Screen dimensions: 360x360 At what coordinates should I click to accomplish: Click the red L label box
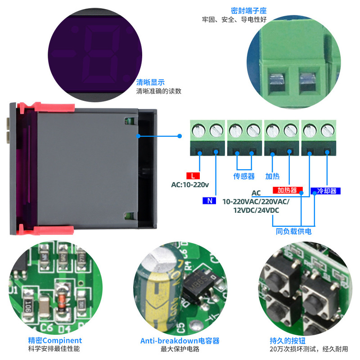pyautogui.click(x=193, y=175)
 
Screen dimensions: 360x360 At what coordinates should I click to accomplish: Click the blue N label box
pyautogui.click(x=209, y=201)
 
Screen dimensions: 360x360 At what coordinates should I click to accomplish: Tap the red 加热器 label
pyautogui.click(x=288, y=190)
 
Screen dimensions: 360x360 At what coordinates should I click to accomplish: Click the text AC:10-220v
pyautogui.click(x=190, y=184)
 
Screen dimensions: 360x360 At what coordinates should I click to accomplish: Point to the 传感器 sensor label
pyautogui.click(x=244, y=176)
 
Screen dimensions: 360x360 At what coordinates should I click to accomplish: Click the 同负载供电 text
pyautogui.click(x=293, y=231)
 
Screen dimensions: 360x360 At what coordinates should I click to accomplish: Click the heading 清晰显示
pyautogui.click(x=150, y=82)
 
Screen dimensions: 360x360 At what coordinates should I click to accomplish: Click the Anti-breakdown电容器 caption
pyautogui.click(x=180, y=341)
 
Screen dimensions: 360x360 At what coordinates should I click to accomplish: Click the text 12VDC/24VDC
pyautogui.click(x=256, y=210)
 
